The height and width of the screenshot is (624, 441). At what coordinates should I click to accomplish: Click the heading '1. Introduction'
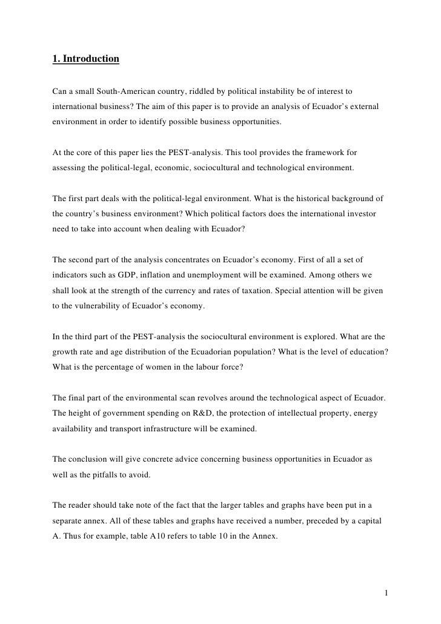[x=85, y=59]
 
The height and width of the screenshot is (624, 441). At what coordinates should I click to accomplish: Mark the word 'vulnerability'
[x=99, y=307]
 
